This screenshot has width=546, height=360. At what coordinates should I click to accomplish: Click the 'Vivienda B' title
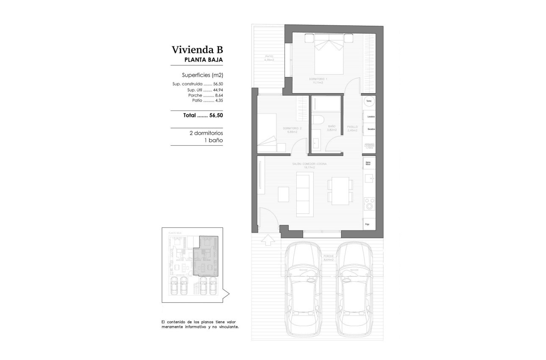point(197,50)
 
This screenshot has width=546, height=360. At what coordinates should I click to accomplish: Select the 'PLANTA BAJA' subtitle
point(204,60)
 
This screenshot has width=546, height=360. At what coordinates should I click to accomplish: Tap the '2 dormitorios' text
point(206,133)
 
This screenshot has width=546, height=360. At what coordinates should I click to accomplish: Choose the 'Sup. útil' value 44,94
point(218,90)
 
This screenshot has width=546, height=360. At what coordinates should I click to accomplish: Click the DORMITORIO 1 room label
point(317,79)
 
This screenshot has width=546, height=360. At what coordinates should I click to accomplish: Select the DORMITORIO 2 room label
point(292,128)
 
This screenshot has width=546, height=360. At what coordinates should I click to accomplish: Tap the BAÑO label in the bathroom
point(332,126)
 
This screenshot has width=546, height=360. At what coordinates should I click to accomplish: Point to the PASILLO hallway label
point(352,126)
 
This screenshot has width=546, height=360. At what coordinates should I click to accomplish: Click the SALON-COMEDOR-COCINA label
point(309,163)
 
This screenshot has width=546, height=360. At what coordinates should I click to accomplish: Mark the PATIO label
point(269,56)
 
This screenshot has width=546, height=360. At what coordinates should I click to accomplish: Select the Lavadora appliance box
point(369,116)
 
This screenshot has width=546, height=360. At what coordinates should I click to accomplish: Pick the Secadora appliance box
point(369,128)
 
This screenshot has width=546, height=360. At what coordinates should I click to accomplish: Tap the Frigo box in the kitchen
point(368,224)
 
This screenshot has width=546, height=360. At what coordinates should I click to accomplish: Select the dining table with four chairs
point(340,191)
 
